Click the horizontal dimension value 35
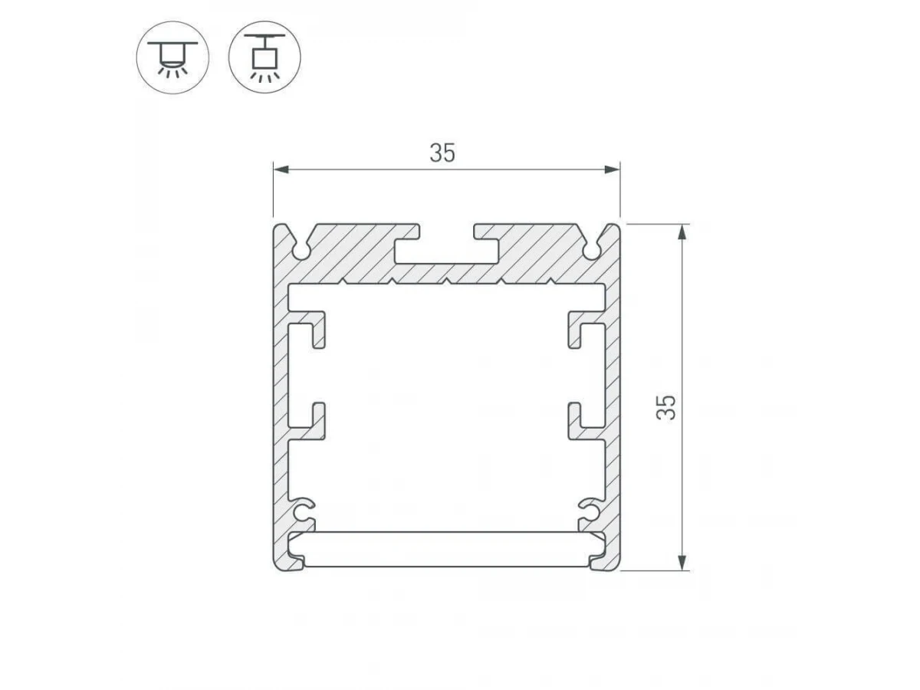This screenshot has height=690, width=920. [x=442, y=153]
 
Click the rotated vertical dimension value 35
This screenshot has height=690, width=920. [x=666, y=407]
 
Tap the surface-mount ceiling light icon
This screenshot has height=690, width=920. [x=172, y=58]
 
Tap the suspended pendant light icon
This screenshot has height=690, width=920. [x=264, y=58]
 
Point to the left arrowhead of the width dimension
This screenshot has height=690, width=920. [x=281, y=169]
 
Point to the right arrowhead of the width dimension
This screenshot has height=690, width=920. [x=612, y=169]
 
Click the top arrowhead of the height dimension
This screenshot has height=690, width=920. [x=683, y=232]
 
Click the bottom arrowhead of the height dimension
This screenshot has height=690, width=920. [x=683, y=562]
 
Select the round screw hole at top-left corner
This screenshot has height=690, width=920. [x=301, y=251]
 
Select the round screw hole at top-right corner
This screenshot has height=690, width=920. [x=591, y=251]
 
